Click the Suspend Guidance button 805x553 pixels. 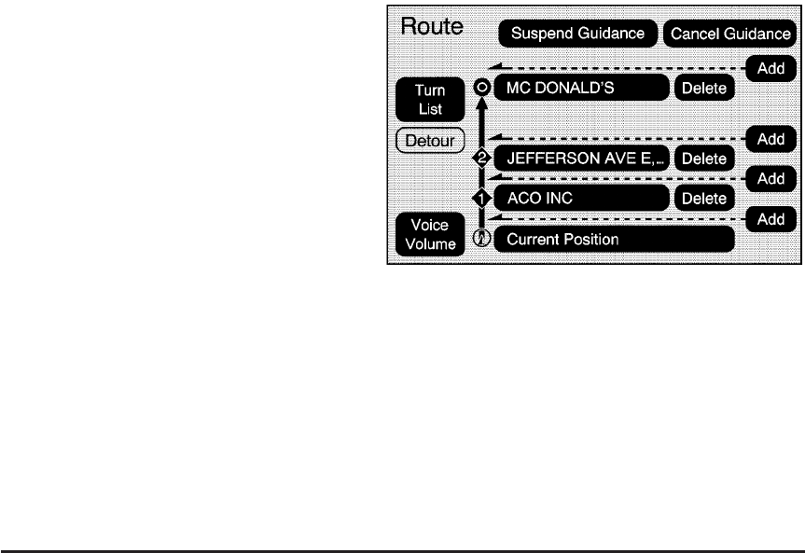tap(578, 34)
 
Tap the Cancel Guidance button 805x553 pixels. tap(729, 34)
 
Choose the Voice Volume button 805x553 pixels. tap(430, 235)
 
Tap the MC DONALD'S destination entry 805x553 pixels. tap(580, 89)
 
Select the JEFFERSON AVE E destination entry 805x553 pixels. tap(580, 159)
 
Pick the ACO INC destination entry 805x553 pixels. tap(580, 198)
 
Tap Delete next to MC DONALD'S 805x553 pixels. tap(704, 89)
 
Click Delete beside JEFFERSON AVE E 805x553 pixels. tap(704, 159)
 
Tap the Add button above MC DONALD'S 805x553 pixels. tap(770, 67)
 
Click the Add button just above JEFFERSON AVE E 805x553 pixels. tap(770, 138)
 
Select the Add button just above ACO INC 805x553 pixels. tap(770, 177)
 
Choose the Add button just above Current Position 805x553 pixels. tap(770, 219)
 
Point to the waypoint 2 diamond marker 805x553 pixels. tap(481, 159)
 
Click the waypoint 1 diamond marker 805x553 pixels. tap(481, 199)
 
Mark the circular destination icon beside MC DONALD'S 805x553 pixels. tap(481, 89)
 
